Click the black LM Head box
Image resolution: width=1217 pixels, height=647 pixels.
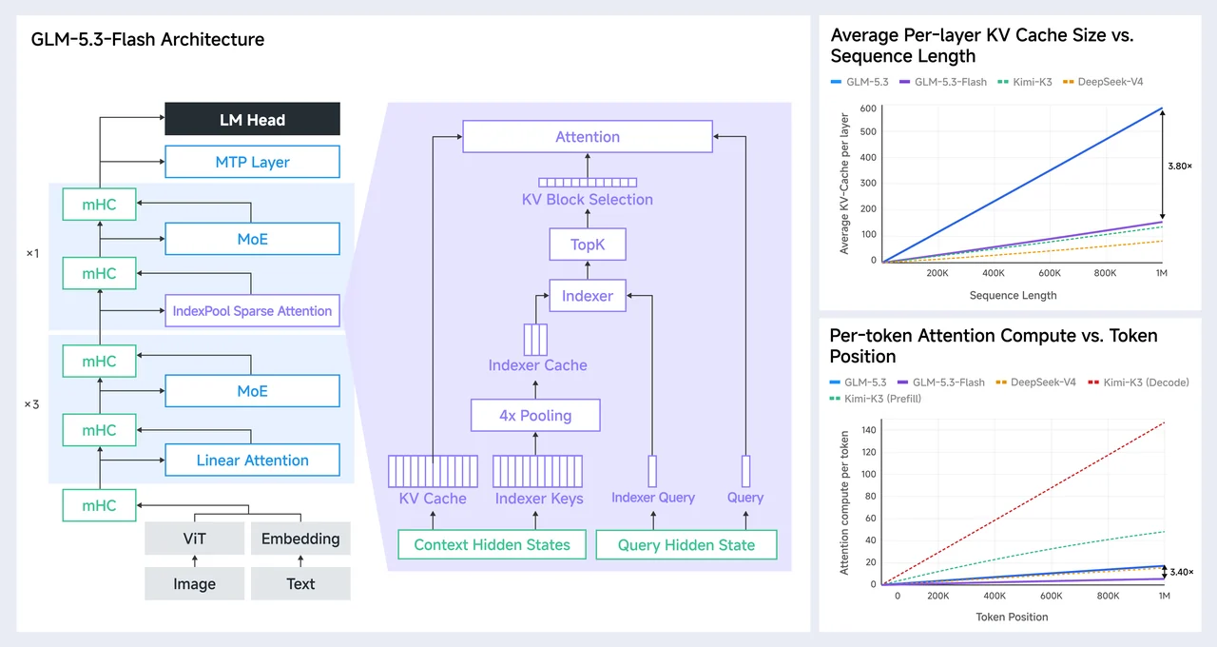point(252,119)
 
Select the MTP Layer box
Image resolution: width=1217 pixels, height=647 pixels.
point(252,162)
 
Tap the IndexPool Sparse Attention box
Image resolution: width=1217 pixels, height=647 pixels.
point(252,310)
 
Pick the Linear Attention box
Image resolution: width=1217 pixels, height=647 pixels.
point(252,460)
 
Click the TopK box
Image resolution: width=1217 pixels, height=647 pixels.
point(588,245)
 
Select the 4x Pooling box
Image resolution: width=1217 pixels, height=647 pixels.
point(535,416)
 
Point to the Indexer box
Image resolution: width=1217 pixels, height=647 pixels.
point(588,295)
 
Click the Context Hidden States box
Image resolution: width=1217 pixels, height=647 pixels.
point(492,544)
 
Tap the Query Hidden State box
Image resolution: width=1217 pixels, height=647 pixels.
point(686,544)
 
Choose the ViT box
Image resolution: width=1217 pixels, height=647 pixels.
point(195,539)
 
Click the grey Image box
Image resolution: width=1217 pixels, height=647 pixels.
point(195,583)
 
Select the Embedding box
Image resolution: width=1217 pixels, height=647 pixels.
point(300,539)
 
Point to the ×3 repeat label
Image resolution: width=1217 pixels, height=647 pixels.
point(32,404)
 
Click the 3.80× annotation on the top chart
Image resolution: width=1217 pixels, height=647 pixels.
point(1180,166)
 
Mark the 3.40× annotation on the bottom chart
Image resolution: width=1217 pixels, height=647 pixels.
point(1181,572)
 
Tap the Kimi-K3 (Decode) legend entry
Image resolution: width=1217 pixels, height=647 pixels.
point(1138,382)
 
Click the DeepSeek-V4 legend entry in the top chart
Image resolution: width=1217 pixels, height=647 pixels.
point(1103,82)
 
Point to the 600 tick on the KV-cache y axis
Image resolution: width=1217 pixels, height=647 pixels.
point(868,108)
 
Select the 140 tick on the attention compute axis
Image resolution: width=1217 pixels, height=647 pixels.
point(869,429)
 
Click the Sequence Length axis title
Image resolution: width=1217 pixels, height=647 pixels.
point(1013,295)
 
